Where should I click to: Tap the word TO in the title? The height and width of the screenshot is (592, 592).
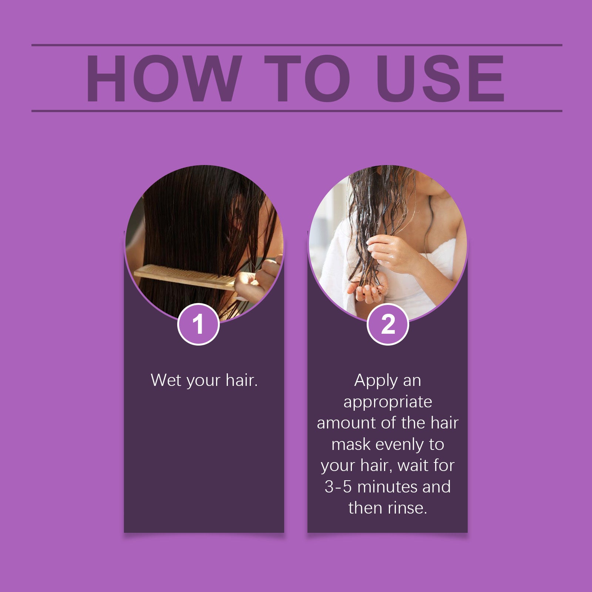(x=307, y=78)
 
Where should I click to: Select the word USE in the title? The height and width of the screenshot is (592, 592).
(x=440, y=78)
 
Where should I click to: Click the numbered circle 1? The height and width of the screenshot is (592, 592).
(x=198, y=324)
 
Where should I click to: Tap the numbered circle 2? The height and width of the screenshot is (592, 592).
(x=388, y=324)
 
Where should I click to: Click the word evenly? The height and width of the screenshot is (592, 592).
(x=400, y=445)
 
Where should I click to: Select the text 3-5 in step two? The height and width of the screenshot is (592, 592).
(x=338, y=487)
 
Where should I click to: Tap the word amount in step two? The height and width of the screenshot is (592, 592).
(x=346, y=423)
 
